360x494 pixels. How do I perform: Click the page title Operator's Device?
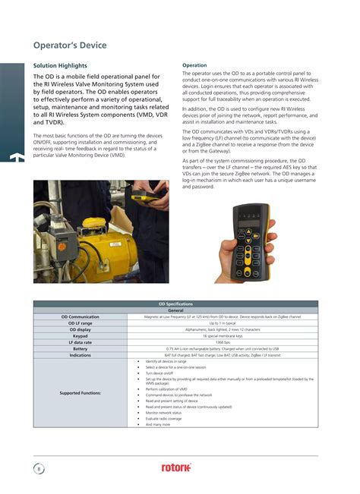click(70, 46)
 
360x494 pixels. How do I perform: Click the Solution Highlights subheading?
click(60, 66)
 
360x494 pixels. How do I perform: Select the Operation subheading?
click(196, 65)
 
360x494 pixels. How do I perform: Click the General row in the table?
click(175, 310)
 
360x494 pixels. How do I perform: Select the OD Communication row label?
click(80, 316)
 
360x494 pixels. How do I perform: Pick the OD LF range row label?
click(80, 323)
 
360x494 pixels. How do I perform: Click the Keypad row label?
click(80, 336)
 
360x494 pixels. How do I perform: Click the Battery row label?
click(80, 349)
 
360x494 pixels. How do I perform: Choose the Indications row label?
click(80, 355)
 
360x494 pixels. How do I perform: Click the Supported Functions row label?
click(80, 392)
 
